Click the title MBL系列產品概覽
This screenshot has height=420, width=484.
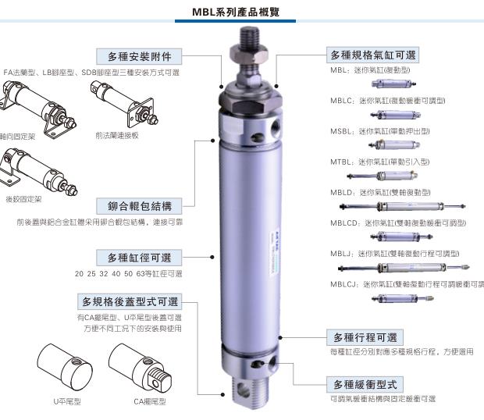tap(241, 12)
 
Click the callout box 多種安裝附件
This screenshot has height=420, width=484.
tap(140, 56)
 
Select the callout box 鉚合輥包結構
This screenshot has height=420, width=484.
tap(140, 206)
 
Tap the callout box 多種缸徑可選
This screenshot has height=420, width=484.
tap(140, 257)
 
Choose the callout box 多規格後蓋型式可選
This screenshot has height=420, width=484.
tap(130, 301)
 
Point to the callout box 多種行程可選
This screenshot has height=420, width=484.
tap(365, 337)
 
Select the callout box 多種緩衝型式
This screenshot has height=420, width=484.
tap(365, 384)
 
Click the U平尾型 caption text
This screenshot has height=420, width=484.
tap(67, 401)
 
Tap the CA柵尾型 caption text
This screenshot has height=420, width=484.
tap(150, 401)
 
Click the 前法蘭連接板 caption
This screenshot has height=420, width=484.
tap(117, 135)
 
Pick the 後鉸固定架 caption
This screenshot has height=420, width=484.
tap(23, 199)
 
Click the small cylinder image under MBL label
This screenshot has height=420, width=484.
tap(388, 84)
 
